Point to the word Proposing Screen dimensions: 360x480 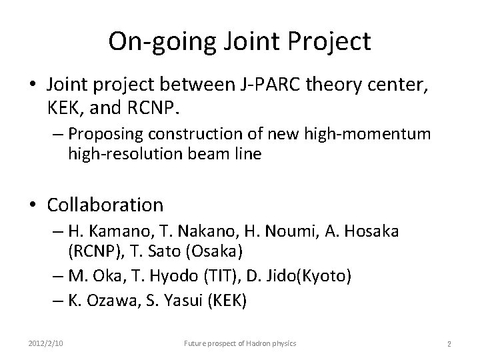coord(101,134)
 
